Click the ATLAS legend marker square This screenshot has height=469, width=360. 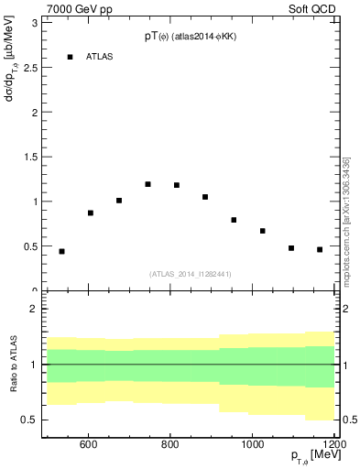coord(71,57)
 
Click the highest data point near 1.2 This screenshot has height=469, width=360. coord(147,184)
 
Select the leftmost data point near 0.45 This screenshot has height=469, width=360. coord(61,251)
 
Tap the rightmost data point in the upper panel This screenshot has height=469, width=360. coord(320,249)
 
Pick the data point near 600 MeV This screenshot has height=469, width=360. coord(90,213)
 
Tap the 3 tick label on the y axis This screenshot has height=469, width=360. coord(34,23)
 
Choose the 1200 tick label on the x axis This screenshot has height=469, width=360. coord(333,445)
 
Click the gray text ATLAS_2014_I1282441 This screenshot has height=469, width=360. coord(190,274)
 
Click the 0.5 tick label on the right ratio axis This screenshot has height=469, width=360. coord(349,420)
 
